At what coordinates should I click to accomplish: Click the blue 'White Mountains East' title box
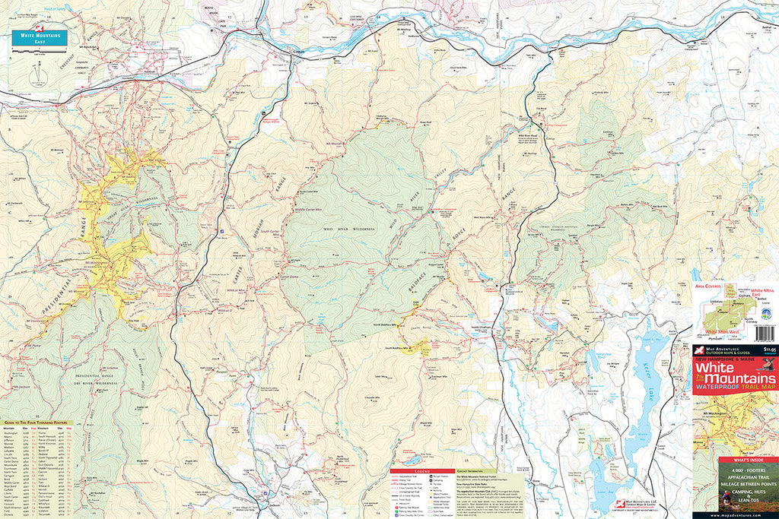coord(39,38)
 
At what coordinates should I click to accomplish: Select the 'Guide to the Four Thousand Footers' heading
coord(35,422)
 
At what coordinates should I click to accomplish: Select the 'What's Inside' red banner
coord(736,463)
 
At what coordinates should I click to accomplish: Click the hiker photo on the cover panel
coord(727,498)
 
